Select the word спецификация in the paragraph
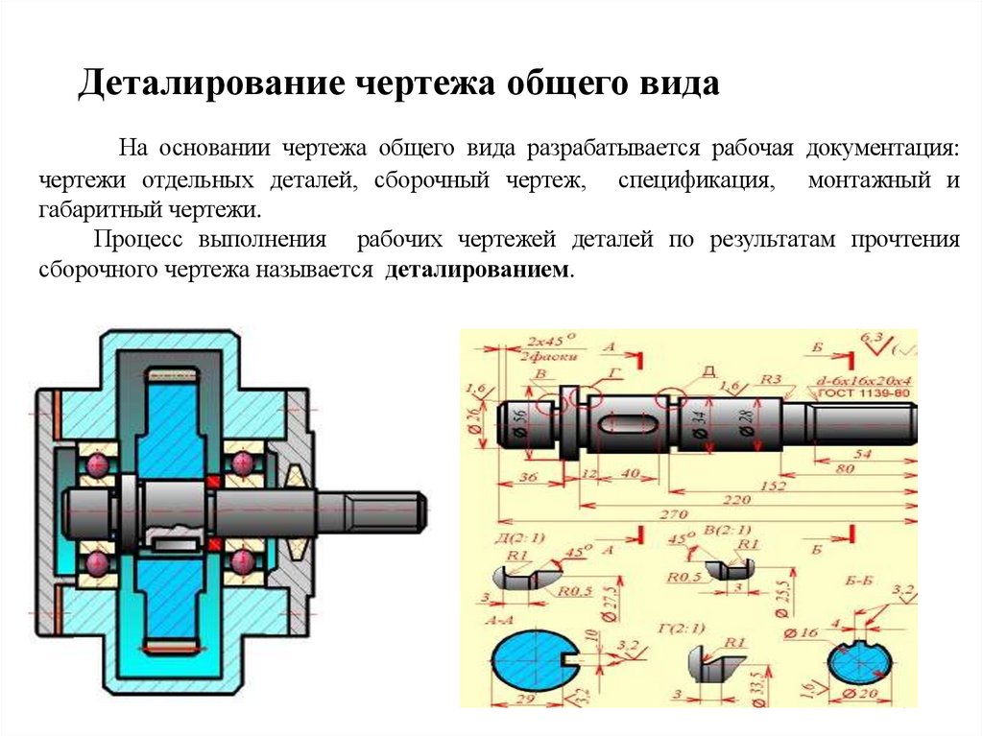point(695,180)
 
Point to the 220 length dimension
point(736,500)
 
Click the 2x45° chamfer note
point(543,340)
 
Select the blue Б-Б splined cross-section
point(862,664)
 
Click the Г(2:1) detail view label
point(683,629)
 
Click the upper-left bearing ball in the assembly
point(96,465)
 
